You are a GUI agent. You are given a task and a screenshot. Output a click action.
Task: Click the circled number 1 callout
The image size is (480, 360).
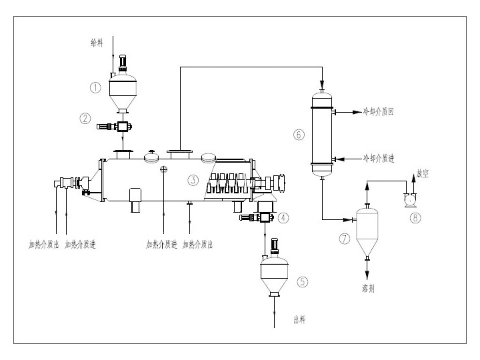coord(96,87)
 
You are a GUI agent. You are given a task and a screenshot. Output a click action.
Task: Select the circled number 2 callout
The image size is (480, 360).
coord(85,119)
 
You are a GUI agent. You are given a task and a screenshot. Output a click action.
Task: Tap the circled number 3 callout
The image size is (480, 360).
coord(193,179)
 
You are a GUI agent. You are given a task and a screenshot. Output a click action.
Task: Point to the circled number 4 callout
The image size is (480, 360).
coord(285,217)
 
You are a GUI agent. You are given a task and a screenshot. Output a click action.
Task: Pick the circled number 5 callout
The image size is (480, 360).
coord(303,281)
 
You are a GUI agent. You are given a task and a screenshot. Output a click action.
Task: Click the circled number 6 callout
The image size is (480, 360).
coord(298,134)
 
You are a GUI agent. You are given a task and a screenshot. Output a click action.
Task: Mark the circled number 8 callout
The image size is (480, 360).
coord(416,218)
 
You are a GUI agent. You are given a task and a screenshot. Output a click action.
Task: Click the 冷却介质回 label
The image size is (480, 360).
coord(378,113)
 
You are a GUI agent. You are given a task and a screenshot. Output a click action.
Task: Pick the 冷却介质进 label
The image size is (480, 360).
coord(378,159)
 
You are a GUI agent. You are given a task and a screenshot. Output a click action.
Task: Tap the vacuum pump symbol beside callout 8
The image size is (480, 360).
coord(409,198)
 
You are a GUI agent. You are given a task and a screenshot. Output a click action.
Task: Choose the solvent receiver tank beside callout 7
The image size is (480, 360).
coord(365,232)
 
